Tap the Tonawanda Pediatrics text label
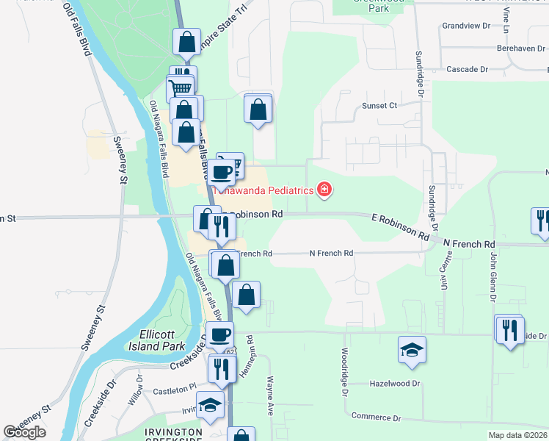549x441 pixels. [x=263, y=190]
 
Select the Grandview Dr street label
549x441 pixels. [x=466, y=26]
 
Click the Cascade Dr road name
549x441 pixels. [x=467, y=69]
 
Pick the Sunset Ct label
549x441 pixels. [x=379, y=106]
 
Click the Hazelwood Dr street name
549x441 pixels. [x=395, y=384]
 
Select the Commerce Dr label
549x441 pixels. [x=376, y=417]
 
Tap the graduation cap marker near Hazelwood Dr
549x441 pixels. [x=412, y=350]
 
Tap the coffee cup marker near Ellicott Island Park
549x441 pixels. [x=219, y=335]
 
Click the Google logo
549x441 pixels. [x=25, y=432]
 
